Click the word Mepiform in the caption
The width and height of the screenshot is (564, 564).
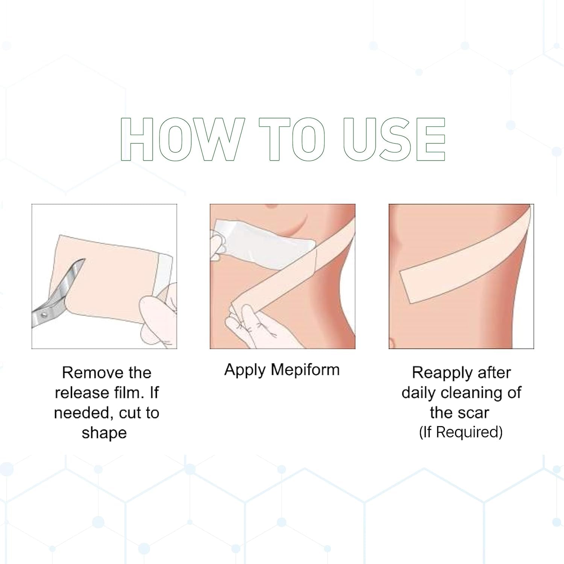coord(305,370)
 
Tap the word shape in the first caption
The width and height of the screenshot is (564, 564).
coord(104,433)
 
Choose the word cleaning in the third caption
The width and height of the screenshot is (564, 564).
coord(472,393)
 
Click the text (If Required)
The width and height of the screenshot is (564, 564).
coord(461,432)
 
